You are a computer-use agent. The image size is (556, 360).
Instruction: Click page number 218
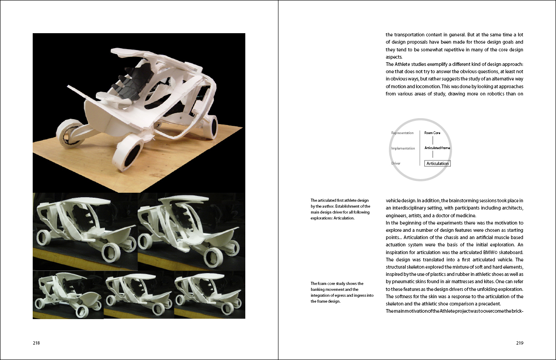[x=36, y=343]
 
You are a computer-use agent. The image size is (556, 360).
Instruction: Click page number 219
[x=520, y=343]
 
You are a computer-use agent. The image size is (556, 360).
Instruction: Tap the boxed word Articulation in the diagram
[x=437, y=164]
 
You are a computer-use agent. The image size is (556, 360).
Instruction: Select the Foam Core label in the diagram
[x=432, y=133]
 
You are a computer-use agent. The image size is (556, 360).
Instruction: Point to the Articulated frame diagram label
[x=437, y=148]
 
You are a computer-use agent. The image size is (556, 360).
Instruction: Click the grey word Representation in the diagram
[x=402, y=133]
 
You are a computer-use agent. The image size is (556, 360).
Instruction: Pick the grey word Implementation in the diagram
[x=403, y=148]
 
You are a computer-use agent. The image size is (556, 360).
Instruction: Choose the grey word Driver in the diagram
[x=396, y=163]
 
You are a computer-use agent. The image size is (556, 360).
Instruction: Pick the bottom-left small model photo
[x=68, y=295]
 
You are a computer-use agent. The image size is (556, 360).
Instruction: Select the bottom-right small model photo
[x=210, y=295]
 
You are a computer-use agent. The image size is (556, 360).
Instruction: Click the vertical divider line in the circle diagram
[x=420, y=148]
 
